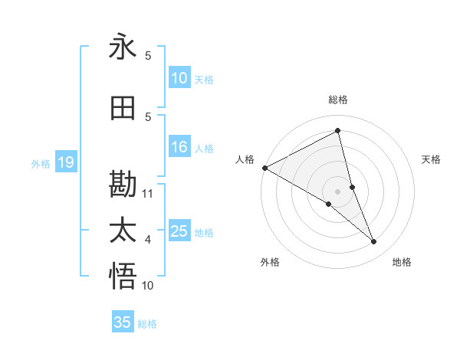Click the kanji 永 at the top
click(x=123, y=47)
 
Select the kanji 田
click(x=123, y=109)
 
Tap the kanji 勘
click(x=123, y=185)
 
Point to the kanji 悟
click(x=123, y=277)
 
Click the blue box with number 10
click(x=179, y=78)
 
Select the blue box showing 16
click(x=179, y=148)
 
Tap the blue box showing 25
click(x=179, y=232)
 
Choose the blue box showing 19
click(x=65, y=162)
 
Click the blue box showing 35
click(x=123, y=322)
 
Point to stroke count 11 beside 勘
click(x=148, y=193)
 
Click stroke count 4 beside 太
click(x=148, y=240)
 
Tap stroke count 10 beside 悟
click(x=148, y=286)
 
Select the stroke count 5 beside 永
click(x=148, y=55)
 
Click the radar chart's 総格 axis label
click(x=337, y=100)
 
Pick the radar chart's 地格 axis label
click(x=402, y=263)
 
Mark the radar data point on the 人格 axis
click(x=264, y=168)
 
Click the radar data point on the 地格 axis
click(x=374, y=242)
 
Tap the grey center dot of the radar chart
click(x=337, y=191)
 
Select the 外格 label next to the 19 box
click(x=41, y=163)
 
